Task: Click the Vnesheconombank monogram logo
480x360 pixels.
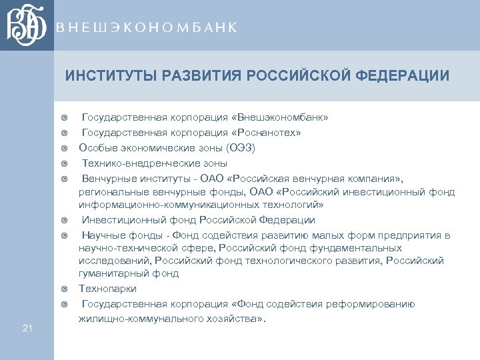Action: pos(27,25)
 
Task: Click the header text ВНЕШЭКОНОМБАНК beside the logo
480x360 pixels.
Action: pos(147,27)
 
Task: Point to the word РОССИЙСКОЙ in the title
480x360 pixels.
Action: pos(294,75)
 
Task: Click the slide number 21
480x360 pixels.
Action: pos(27,327)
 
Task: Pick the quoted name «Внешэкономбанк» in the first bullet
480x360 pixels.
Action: pos(291,117)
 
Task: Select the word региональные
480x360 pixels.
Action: pos(110,192)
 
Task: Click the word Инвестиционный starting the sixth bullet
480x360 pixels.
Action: pos(117,220)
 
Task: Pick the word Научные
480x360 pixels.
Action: pos(101,235)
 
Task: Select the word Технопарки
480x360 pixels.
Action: pos(107,289)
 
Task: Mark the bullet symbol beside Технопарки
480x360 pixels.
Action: pos(65,289)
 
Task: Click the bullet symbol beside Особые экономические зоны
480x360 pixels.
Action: pos(65,148)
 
